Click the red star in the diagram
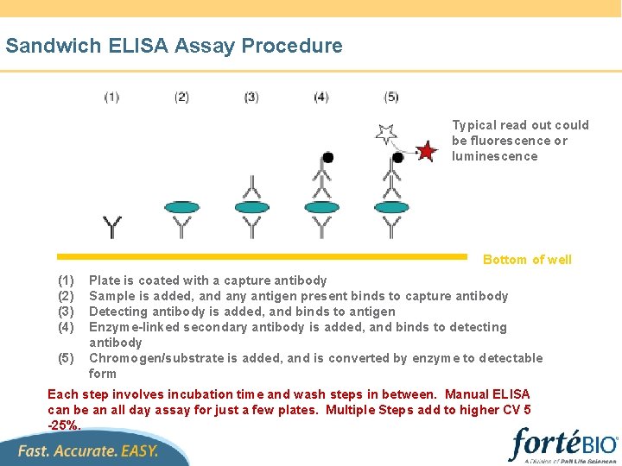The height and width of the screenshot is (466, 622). tap(427, 152)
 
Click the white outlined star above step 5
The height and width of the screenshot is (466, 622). tap(385, 134)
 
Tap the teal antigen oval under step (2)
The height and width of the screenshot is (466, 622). tap(181, 207)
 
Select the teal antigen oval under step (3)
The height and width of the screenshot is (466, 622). tap(251, 207)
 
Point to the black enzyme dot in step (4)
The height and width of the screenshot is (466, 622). tap(327, 157)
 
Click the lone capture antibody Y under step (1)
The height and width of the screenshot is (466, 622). tap(112, 227)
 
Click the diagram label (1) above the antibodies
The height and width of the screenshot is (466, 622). tap(111, 98)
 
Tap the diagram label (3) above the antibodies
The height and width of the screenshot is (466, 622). tap(251, 98)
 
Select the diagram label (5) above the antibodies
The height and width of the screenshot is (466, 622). tap(391, 98)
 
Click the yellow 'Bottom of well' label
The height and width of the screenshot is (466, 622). tap(527, 260)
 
